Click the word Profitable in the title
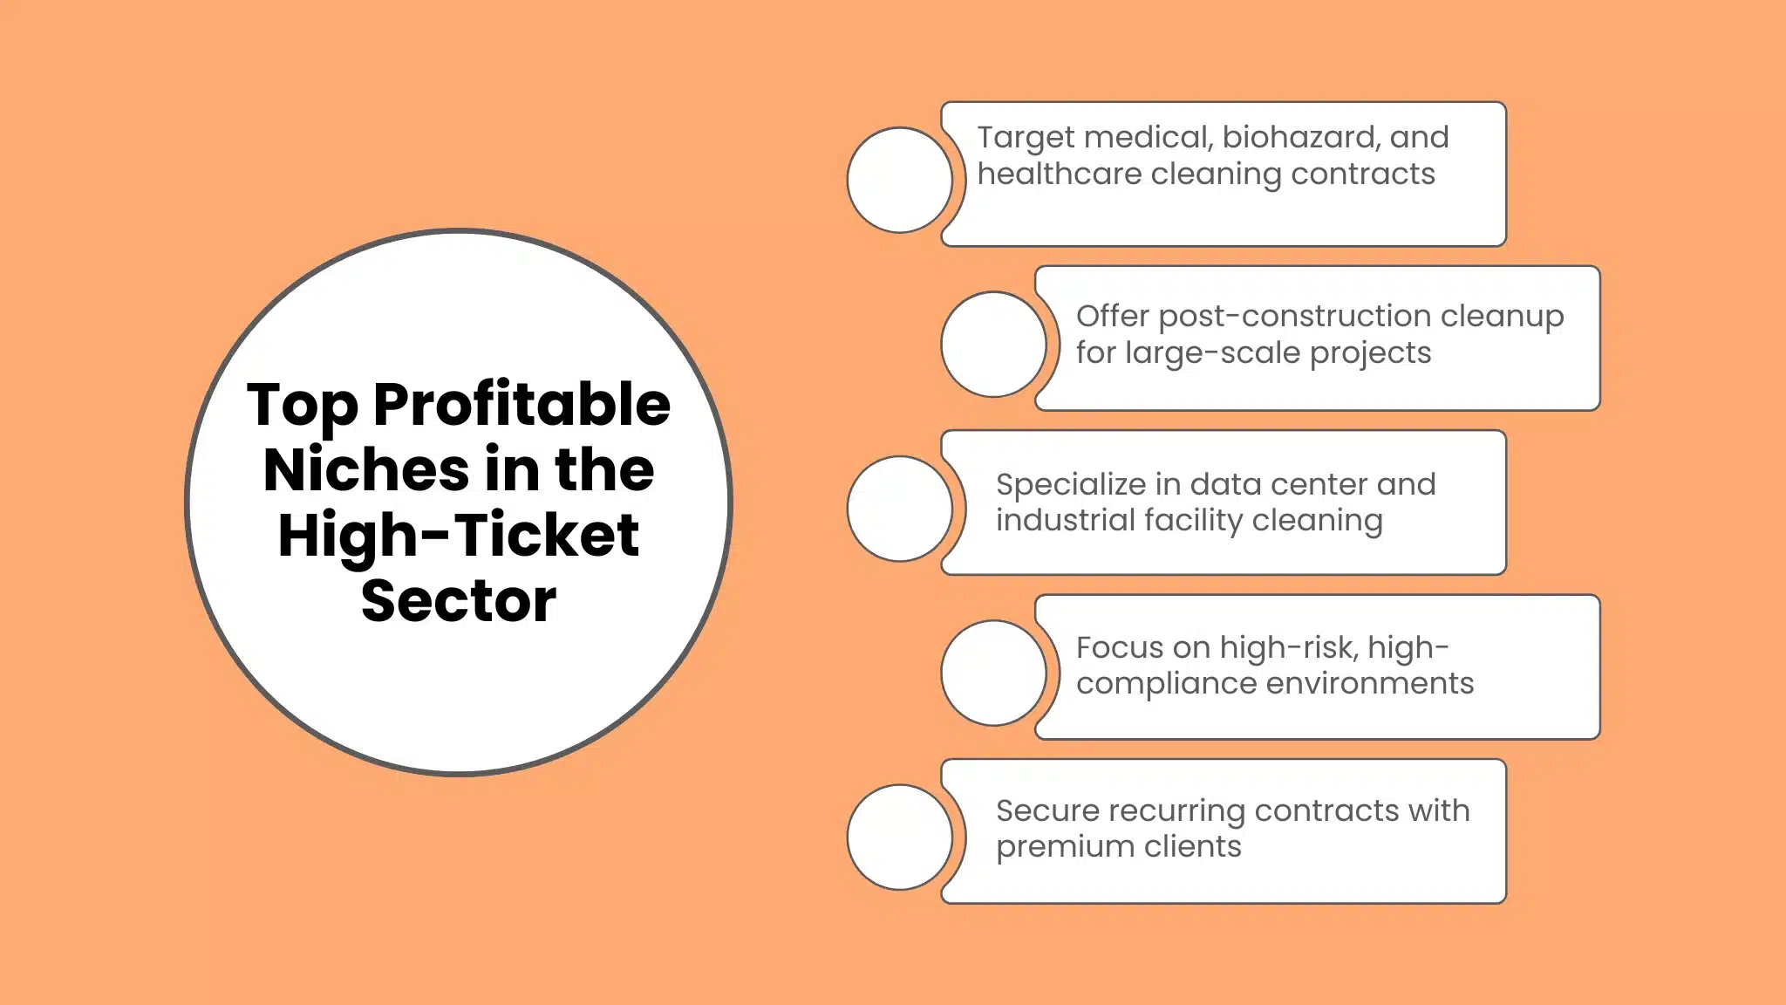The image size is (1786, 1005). tap(521, 405)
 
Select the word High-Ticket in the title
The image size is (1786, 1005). tap(459, 535)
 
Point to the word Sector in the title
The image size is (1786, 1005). tap(459, 600)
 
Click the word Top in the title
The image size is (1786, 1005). tap(303, 405)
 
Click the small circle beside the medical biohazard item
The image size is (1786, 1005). tap(900, 180)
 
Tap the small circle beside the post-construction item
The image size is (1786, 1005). tap(993, 344)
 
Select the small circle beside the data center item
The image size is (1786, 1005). tap(900, 509)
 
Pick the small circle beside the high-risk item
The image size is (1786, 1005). tap(993, 673)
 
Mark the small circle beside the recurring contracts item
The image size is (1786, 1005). tap(900, 837)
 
